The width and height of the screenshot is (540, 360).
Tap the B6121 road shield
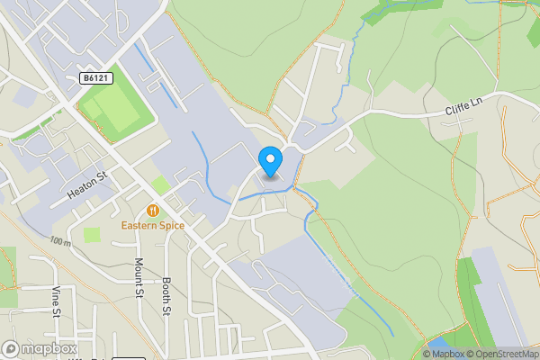(x=96, y=79)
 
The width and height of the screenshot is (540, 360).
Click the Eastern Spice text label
(x=154, y=225)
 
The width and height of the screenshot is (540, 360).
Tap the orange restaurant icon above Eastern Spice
(x=154, y=210)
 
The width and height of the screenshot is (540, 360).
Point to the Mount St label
(x=139, y=276)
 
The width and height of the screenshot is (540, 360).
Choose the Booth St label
(x=167, y=295)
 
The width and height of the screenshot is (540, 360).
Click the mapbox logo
(x=40, y=349)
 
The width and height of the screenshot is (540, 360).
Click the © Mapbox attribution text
(x=444, y=354)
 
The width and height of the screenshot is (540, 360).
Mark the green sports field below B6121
(x=112, y=112)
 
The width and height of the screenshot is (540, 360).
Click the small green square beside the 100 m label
(x=92, y=235)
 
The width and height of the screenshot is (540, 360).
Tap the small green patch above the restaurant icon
(x=159, y=185)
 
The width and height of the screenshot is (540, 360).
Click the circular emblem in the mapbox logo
(x=11, y=349)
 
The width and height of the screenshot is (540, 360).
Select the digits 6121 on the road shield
(x=100, y=79)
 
